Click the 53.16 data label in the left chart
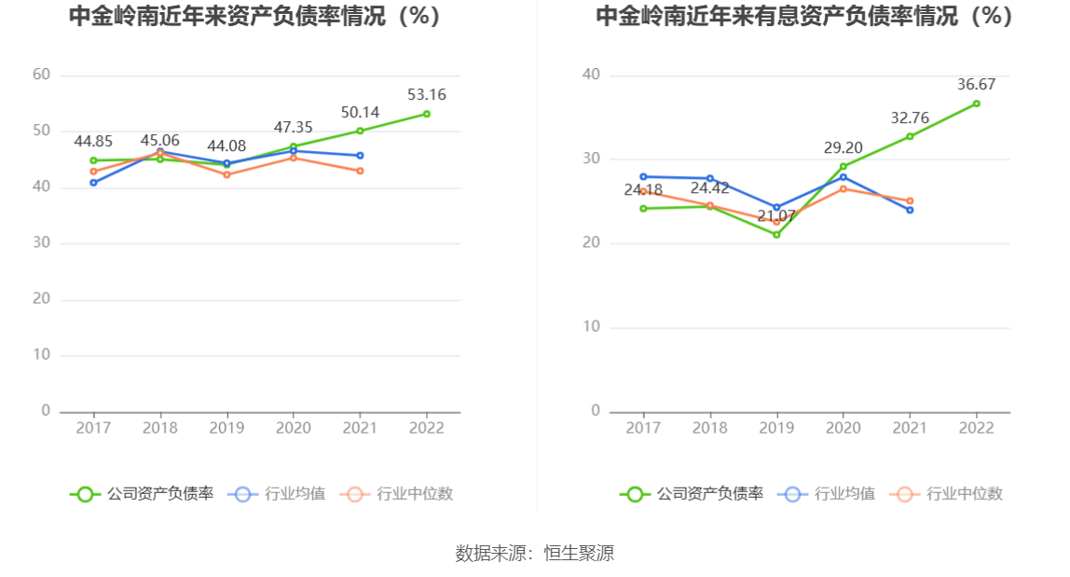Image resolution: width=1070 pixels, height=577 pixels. click(x=426, y=94)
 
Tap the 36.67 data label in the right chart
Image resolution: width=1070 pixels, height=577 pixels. click(x=976, y=84)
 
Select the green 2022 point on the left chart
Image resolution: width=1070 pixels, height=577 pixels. click(x=427, y=114)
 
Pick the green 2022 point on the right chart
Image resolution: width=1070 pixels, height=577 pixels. click(x=976, y=103)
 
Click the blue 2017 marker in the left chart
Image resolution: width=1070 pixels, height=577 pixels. click(x=93, y=183)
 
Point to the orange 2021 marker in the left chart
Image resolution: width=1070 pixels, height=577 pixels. click(x=360, y=171)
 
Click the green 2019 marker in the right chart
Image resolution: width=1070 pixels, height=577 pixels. click(x=776, y=234)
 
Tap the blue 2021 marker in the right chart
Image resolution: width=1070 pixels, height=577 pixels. click(x=910, y=210)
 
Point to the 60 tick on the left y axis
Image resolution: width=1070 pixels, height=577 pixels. click(x=41, y=75)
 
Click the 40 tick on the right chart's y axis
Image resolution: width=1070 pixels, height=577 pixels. click(x=591, y=75)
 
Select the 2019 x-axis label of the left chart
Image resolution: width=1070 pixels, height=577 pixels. click(x=226, y=427)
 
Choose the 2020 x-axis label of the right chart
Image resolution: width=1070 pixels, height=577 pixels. click(x=844, y=427)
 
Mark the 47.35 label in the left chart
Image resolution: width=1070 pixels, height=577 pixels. click(x=293, y=128)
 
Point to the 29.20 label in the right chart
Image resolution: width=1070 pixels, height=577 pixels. click(x=843, y=147)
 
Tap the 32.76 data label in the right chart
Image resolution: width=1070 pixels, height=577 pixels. click(x=909, y=117)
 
